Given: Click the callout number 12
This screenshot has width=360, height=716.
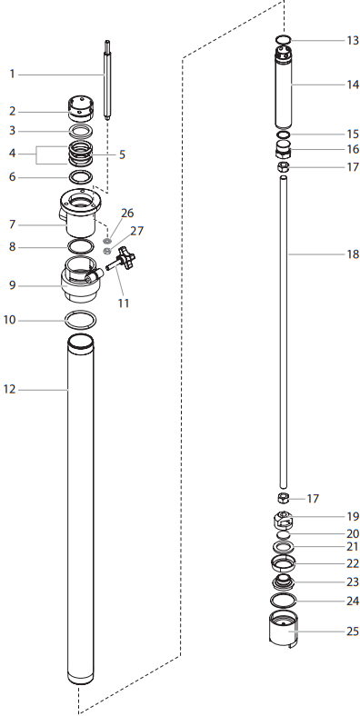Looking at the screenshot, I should click(11, 390).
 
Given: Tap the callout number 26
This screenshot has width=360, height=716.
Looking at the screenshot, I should click(126, 214).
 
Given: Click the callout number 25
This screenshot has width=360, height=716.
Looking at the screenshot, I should click(352, 631).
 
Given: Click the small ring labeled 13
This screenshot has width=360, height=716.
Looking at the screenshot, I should click(283, 40).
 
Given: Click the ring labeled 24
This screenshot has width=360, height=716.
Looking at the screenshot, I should click(285, 601).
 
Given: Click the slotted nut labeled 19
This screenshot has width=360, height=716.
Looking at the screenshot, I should click(284, 521).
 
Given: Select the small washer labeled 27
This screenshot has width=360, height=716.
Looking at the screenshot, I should click(106, 251).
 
